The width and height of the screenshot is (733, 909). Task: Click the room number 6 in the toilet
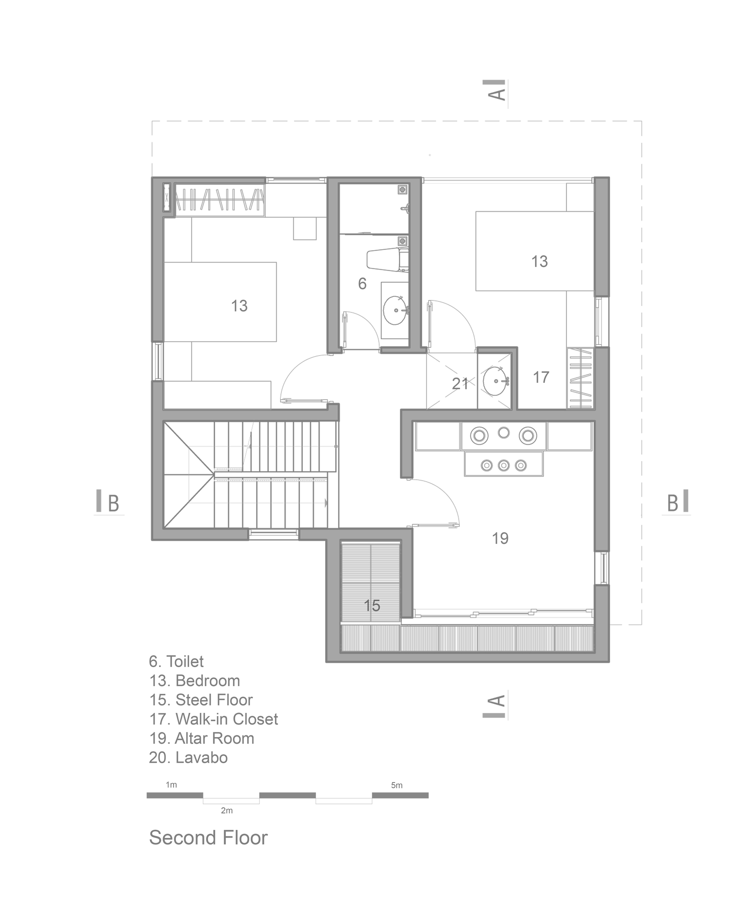coord(362,284)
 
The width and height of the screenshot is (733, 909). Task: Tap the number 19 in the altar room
coord(500,538)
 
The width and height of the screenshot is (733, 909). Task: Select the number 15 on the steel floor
coord(372,606)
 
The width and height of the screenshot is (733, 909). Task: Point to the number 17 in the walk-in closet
coord(541,377)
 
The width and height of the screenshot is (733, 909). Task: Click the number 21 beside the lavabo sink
coord(460,383)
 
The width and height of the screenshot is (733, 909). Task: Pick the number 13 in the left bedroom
coord(239,306)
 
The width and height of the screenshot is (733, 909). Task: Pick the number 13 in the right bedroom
coord(539,261)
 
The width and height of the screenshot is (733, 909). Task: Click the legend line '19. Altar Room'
coord(202,739)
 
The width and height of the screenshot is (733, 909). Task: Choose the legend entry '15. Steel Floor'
coord(201,700)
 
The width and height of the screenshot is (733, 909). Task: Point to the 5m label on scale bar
coord(397,785)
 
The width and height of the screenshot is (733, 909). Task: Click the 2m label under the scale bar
coord(227,811)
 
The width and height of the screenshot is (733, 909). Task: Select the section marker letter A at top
coord(497,93)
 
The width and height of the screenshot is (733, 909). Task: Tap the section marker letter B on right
coord(672,503)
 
